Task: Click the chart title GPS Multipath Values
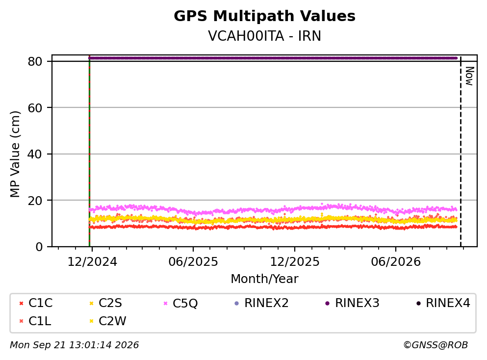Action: [x=264, y=16]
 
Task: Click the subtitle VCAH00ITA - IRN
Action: [x=264, y=36]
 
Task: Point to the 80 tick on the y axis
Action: [x=35, y=61]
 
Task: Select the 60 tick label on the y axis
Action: [x=35, y=108]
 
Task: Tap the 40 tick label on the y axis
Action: [x=35, y=154]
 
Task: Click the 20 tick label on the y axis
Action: [x=35, y=200]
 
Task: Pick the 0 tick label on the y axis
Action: [x=39, y=247]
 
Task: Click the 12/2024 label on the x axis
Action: [x=92, y=262]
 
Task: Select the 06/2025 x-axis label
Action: [x=193, y=262]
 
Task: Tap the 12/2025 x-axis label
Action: [x=294, y=262]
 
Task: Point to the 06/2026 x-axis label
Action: [x=396, y=262]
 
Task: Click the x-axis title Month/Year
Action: [x=264, y=279]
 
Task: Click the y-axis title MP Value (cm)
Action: [x=15, y=154]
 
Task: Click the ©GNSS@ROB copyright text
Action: [x=436, y=345]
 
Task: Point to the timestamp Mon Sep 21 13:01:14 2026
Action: [x=74, y=345]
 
